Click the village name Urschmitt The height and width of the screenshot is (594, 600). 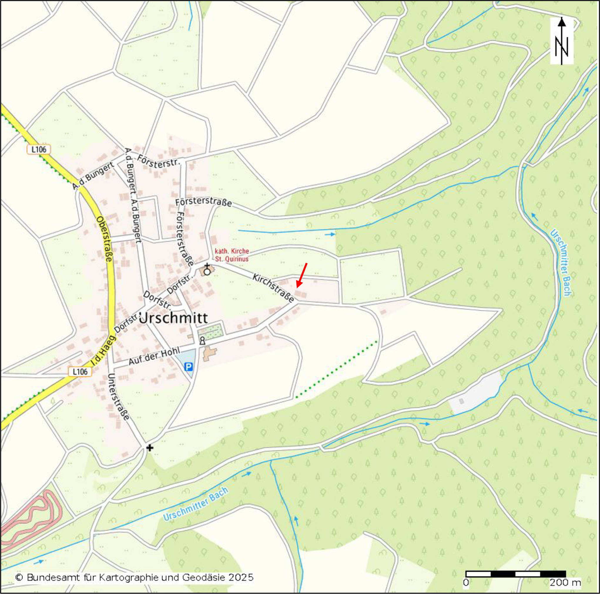click(x=173, y=318)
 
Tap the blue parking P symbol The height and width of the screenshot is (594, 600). click(x=189, y=367)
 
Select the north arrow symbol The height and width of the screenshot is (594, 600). click(x=562, y=41)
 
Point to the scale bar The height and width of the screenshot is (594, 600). click(x=516, y=574)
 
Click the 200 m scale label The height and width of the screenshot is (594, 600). click(x=565, y=583)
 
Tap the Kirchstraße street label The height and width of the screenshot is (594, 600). click(x=273, y=288)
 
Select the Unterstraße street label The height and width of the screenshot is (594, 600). click(x=118, y=397)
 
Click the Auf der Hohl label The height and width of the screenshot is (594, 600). click(x=154, y=356)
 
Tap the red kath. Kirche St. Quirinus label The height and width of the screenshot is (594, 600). click(x=232, y=255)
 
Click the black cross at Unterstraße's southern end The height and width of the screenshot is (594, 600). click(x=150, y=448)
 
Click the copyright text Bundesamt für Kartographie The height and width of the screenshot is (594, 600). click(x=134, y=578)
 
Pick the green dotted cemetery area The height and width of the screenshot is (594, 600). click(x=211, y=330)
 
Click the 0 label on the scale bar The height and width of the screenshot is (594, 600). click(x=466, y=583)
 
